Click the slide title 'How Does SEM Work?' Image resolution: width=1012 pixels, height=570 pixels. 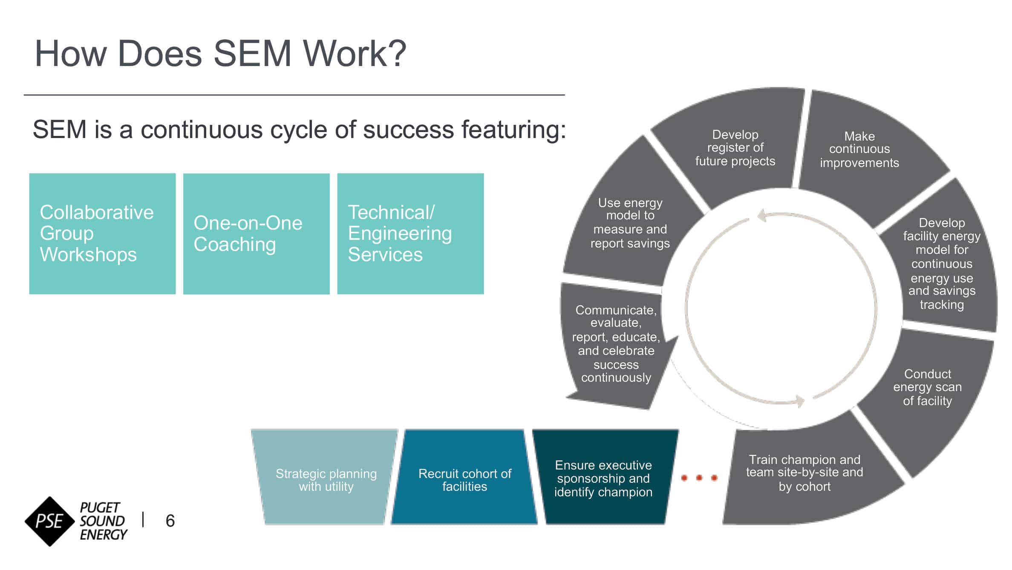coord(220,54)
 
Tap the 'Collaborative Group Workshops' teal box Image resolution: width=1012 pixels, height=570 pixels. coord(102,233)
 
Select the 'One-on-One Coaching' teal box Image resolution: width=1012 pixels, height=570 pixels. coord(256,233)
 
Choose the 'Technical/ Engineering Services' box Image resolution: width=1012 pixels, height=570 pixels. coord(410,233)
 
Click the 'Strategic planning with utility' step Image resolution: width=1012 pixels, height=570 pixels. coord(326,480)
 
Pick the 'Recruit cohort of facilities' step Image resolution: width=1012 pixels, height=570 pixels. coord(464,480)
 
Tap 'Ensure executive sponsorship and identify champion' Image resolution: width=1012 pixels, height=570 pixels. coord(603,478)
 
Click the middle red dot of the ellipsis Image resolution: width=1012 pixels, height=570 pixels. coord(699,478)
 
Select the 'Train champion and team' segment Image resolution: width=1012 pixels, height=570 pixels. coord(804,473)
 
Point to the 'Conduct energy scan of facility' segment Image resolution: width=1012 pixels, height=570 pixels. coord(927,387)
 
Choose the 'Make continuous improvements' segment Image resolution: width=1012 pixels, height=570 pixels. coord(859,149)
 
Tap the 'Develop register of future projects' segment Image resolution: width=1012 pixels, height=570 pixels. coord(735,148)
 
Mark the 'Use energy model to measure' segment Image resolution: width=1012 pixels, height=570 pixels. coord(630,223)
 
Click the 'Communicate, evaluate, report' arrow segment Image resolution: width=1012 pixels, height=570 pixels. coord(616,344)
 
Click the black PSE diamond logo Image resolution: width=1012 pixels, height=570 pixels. coord(50,521)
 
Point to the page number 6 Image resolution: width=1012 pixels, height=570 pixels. coord(170,521)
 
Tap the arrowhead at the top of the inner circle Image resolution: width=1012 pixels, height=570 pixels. coord(763,215)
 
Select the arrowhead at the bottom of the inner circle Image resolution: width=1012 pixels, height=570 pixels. coord(799,401)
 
